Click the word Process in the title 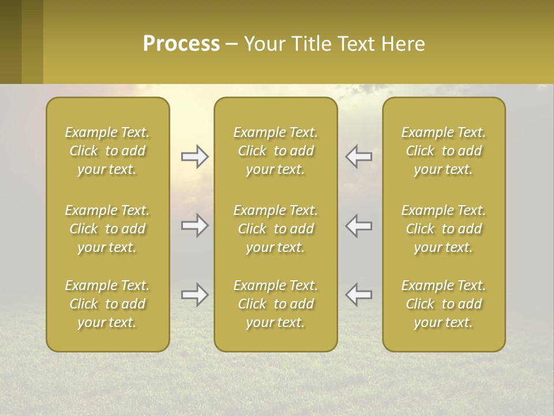181,44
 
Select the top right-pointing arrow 194,157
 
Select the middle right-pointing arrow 194,225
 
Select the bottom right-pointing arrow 194,295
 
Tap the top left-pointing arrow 358,157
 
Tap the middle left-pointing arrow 358,225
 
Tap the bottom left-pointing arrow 358,295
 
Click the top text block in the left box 107,151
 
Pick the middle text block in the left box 107,229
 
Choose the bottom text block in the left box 107,304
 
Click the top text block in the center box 276,151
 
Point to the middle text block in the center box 276,229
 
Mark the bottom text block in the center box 276,304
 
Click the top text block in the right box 444,151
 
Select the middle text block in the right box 444,229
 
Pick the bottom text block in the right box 444,304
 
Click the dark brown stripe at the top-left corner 10,42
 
